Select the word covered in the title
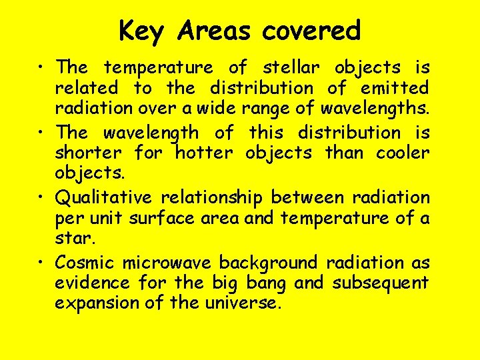pos(311,31)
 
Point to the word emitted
pos(395,88)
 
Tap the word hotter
pos(204,153)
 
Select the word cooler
pos(402,153)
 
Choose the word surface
pos(165,218)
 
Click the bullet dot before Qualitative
pos(43,198)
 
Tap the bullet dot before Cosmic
pos(43,263)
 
